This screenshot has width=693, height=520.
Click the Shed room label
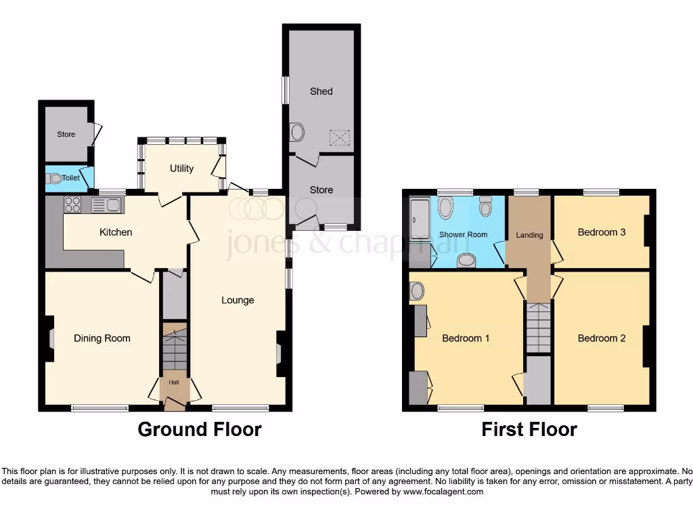321,91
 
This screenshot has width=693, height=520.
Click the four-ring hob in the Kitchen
73,204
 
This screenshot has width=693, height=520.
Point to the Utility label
182,169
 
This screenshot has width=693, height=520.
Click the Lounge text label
238,300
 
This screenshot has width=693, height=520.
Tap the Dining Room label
102,339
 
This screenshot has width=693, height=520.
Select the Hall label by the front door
174,383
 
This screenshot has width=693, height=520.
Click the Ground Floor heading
200,429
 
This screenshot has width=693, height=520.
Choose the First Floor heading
529,429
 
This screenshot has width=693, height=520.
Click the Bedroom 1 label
466,339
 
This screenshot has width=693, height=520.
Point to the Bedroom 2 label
602,339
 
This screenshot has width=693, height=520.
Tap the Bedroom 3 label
602,232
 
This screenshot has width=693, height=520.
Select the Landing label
529,236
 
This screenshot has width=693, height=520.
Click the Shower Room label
464,235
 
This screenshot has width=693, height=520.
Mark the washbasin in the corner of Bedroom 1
417,291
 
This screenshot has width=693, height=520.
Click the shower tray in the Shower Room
420,220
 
